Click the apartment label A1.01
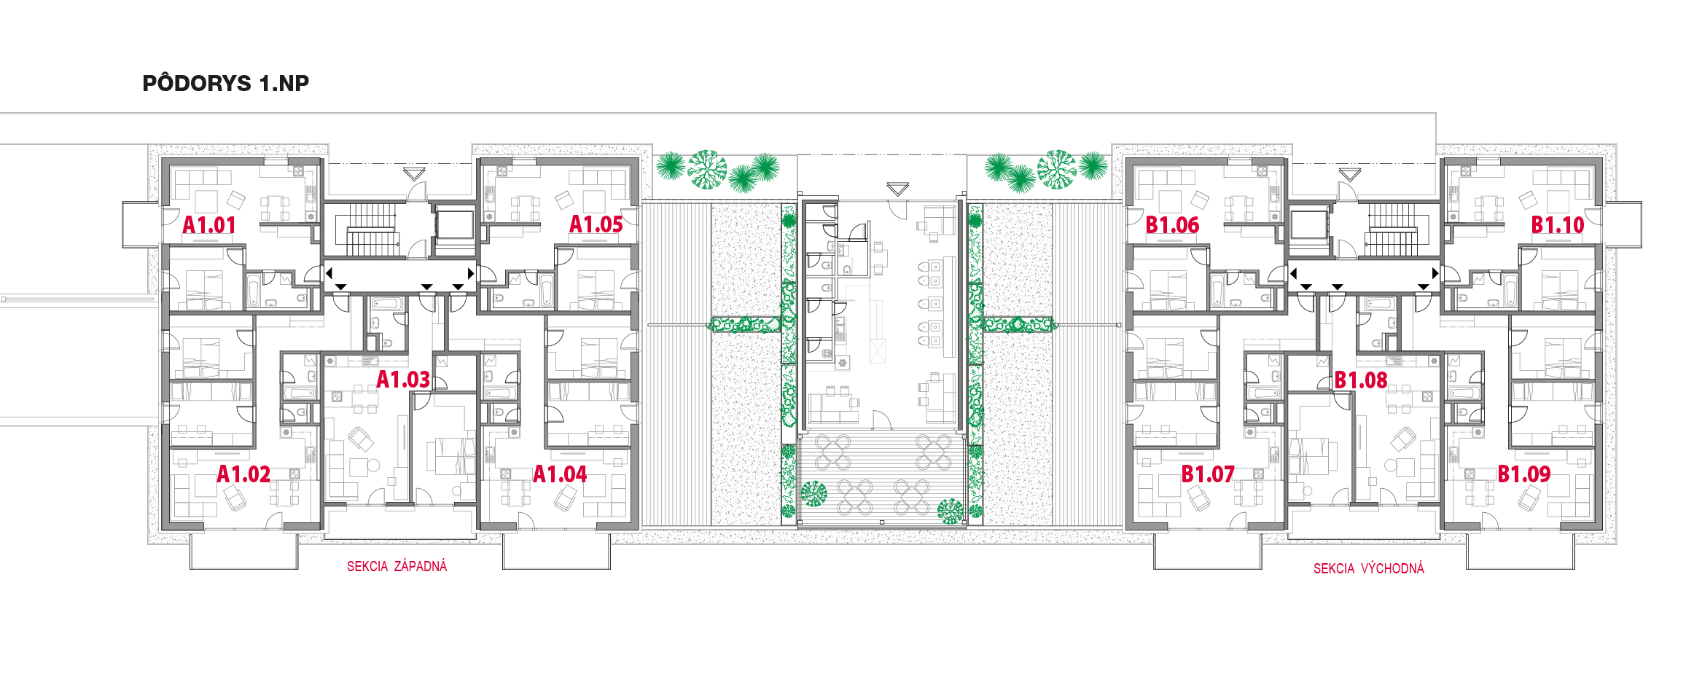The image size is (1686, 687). (209, 225)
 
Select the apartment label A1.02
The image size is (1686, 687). (243, 474)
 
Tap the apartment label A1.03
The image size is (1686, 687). (403, 380)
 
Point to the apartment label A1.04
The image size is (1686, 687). (560, 474)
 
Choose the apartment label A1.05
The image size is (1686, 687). (596, 225)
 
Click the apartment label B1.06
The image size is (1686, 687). (1172, 225)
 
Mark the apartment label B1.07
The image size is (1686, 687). (1208, 474)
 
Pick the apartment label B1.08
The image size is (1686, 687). (1361, 380)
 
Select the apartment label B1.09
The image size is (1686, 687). (1524, 474)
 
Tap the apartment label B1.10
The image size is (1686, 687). (1558, 225)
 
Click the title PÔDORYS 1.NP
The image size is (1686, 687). (226, 83)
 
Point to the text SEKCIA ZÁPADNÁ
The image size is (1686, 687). (397, 566)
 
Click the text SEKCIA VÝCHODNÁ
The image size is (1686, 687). (1369, 568)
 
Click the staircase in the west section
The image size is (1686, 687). (371, 229)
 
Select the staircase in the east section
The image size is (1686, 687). (1392, 229)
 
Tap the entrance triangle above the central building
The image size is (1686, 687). (898, 189)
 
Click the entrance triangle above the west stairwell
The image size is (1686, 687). (414, 174)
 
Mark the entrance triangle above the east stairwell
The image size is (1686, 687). (1350, 175)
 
